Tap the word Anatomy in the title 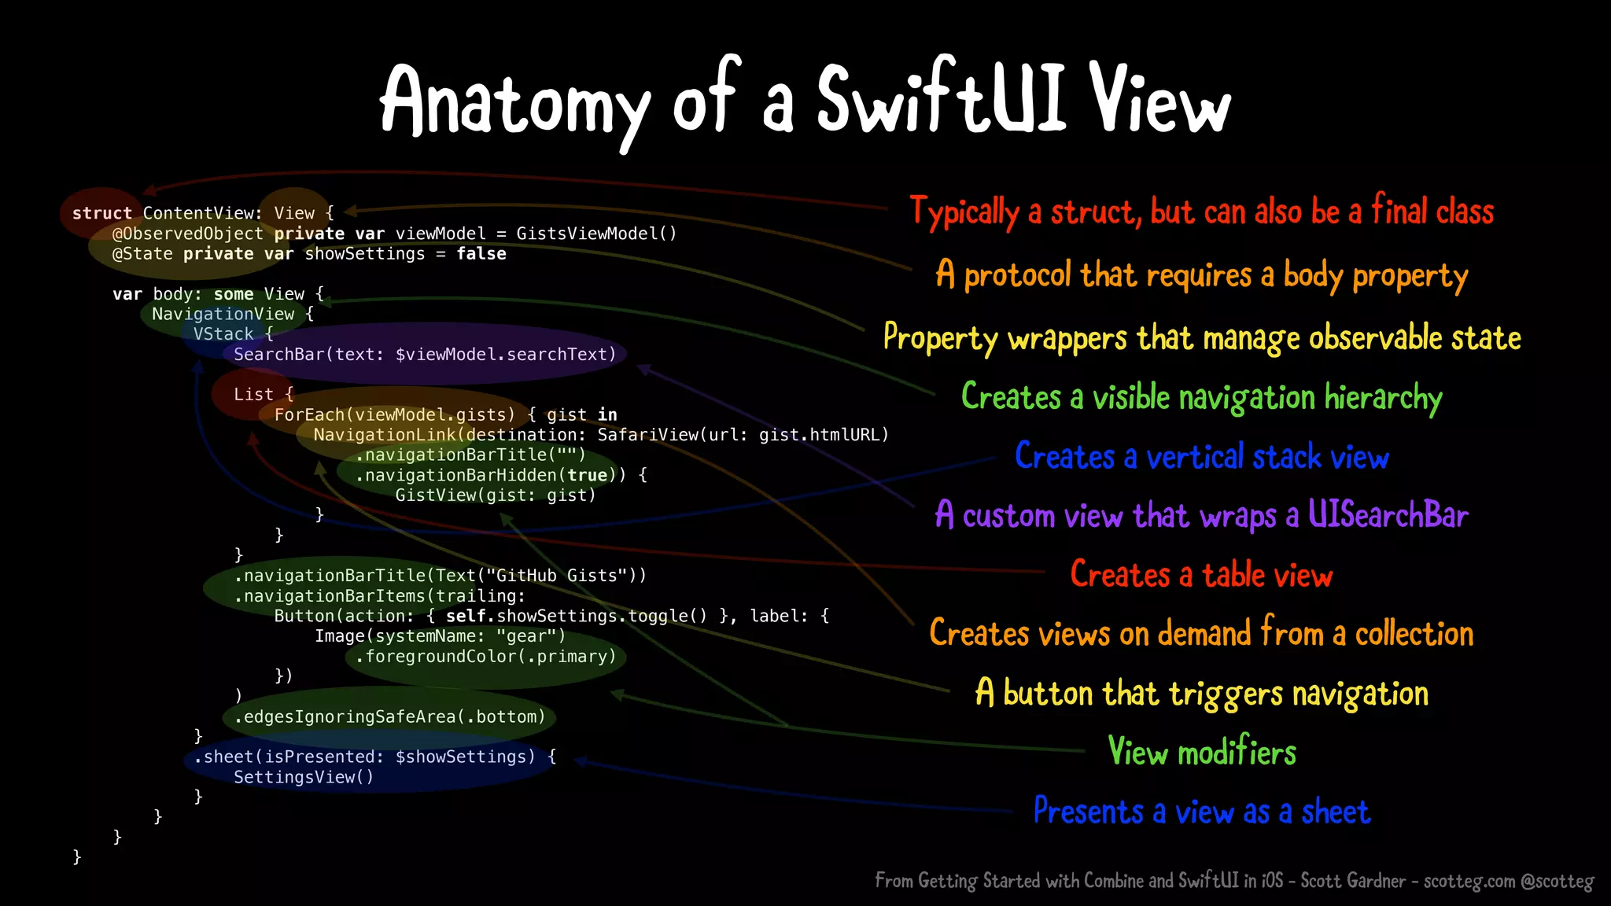[x=515, y=102]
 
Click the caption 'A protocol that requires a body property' [x=1201, y=275]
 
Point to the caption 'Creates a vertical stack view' [x=1201, y=457]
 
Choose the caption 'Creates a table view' [x=1201, y=575]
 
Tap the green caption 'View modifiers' [x=1201, y=753]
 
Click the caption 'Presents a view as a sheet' [x=1201, y=812]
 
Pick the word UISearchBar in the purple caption [x=1388, y=515]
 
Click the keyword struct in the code [x=102, y=213]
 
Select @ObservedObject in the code [x=187, y=234]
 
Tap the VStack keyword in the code [x=223, y=334]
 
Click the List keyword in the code [x=253, y=395]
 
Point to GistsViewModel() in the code [x=596, y=234]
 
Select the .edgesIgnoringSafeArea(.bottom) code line [x=389, y=716]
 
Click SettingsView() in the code [x=304, y=777]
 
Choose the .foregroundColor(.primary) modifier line [x=485, y=656]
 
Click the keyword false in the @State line [x=481, y=254]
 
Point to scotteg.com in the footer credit [x=1469, y=881]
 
